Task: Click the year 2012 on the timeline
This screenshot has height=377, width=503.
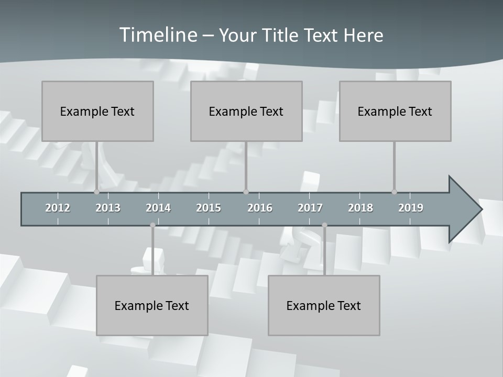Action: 58,208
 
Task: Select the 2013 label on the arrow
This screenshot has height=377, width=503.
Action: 108,208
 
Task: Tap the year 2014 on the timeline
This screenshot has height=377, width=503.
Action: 158,208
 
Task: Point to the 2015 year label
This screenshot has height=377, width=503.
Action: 209,208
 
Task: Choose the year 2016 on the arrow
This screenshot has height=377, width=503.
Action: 260,208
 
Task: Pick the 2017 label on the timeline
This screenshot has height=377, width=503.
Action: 310,208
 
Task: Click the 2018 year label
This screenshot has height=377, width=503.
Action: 360,208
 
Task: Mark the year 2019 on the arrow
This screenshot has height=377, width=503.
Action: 411,208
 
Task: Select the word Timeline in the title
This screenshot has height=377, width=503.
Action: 157,35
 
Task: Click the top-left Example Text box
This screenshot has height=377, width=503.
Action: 97,111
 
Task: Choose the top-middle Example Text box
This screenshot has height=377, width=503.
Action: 246,111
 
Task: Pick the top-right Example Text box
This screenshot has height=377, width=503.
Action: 395,111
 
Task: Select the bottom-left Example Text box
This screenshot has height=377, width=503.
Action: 152,305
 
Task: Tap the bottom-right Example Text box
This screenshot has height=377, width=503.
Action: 324,305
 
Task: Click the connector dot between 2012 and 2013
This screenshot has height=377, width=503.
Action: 96,192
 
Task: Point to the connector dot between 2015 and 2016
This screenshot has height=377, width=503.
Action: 246,192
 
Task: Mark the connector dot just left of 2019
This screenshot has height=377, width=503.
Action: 394,192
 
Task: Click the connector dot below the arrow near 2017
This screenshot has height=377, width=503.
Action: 324,225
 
